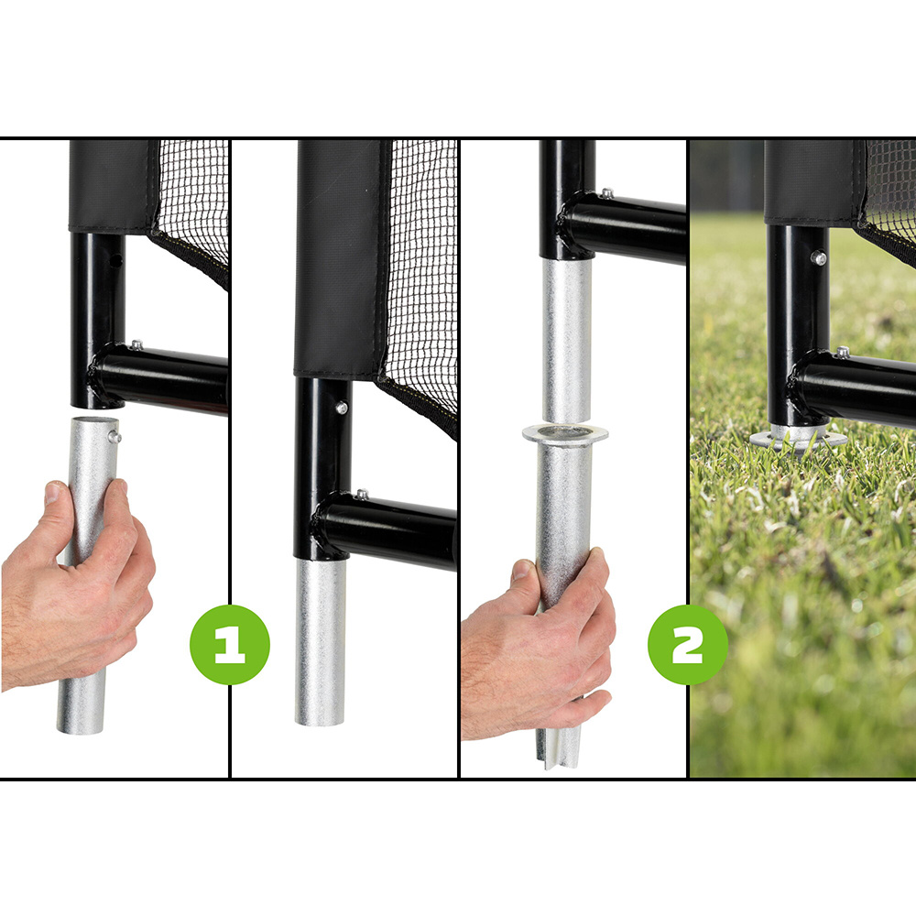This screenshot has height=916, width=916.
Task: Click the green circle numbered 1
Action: point(229,645)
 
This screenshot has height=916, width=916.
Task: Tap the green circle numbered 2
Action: point(687,645)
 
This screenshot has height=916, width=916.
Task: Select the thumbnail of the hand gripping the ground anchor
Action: point(522,572)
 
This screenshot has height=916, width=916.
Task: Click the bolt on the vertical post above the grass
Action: point(817,258)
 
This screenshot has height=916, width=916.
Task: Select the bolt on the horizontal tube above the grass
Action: point(841,353)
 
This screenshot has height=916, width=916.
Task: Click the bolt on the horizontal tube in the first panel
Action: point(136,345)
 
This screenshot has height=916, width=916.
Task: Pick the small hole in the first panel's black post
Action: point(115,261)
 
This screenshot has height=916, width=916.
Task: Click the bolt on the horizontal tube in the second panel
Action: point(363,496)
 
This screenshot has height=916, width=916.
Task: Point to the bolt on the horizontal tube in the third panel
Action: point(605,193)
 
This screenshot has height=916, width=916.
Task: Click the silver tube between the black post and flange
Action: point(566,339)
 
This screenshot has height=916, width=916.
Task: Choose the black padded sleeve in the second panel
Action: point(336,256)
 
